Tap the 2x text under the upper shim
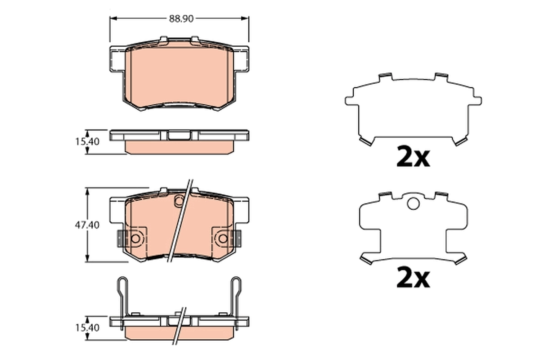[413, 157]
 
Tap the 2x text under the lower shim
[413, 279]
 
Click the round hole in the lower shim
[413, 204]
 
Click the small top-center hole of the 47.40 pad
[179, 200]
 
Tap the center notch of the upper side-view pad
[179, 135]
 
